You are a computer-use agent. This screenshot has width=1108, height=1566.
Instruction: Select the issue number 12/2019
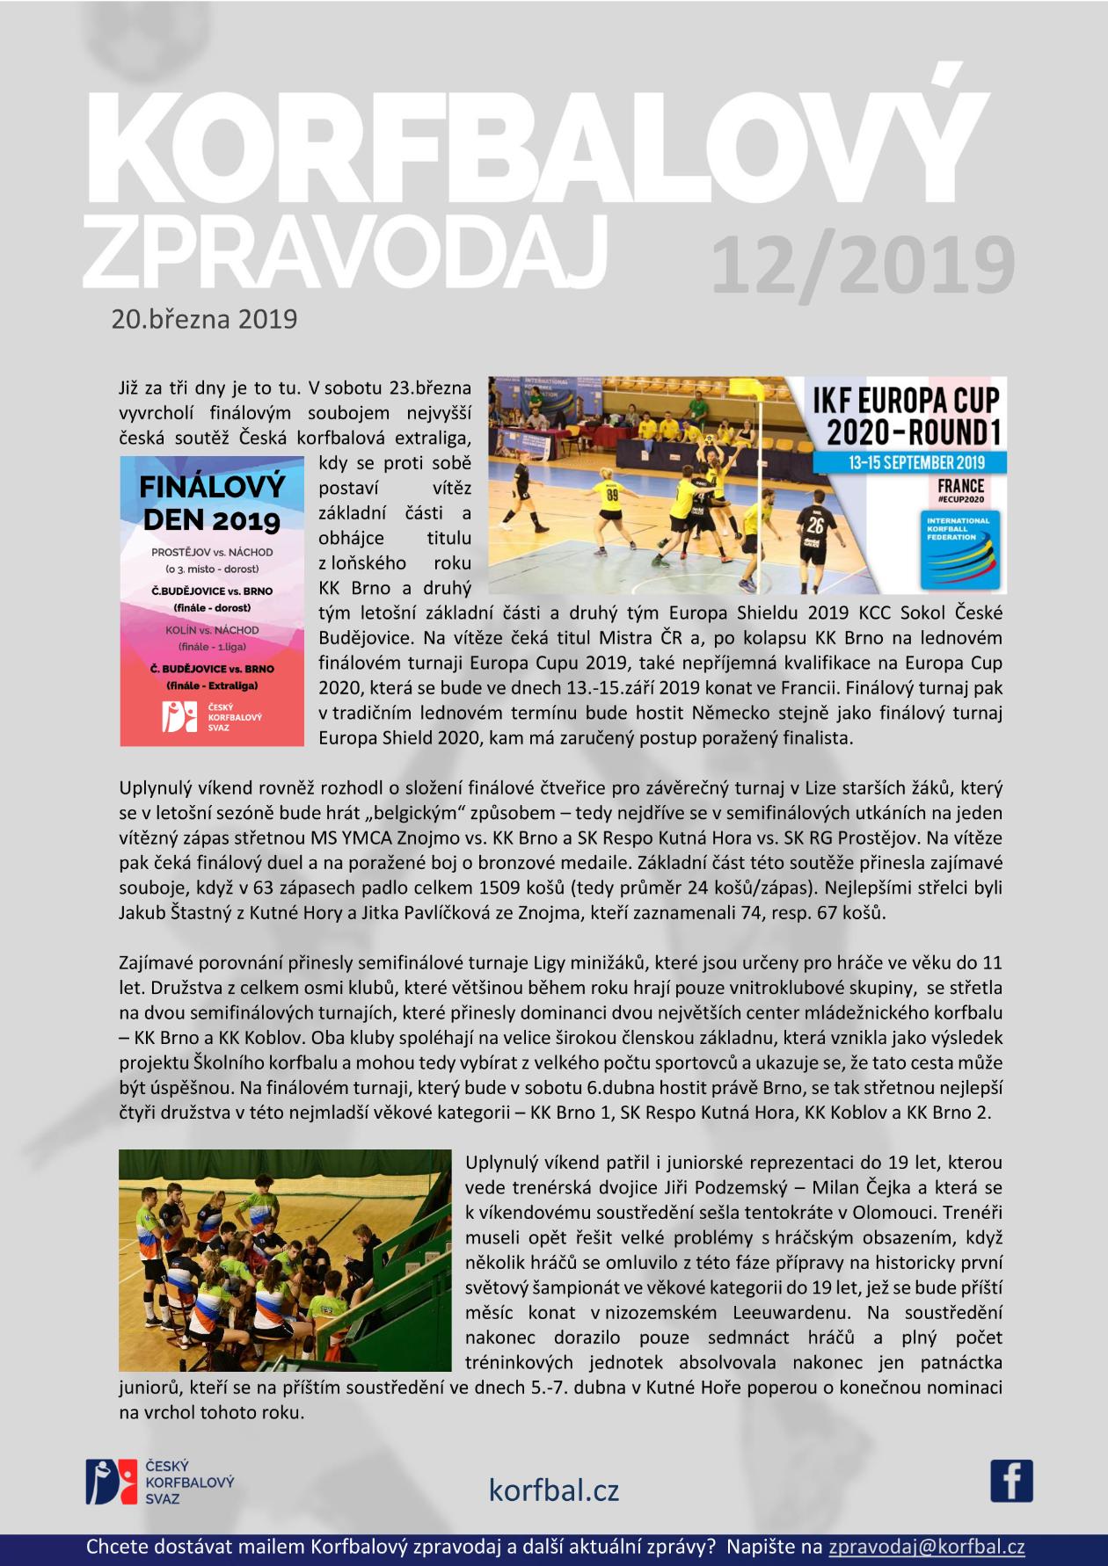click(862, 265)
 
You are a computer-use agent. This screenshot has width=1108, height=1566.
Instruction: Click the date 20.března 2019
click(204, 318)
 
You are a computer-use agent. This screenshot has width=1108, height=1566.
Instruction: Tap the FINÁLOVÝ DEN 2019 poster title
click(212, 501)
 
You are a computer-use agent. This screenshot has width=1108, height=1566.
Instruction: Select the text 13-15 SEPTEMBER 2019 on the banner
click(909, 462)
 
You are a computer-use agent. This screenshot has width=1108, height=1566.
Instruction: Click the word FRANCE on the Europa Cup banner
click(961, 485)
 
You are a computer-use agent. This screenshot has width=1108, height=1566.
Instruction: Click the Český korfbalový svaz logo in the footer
click(159, 1481)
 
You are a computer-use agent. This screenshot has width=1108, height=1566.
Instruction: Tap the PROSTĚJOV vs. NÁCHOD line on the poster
click(212, 552)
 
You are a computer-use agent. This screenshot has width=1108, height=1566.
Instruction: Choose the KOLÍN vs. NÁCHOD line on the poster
click(212, 630)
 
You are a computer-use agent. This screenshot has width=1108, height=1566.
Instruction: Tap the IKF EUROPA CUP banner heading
click(909, 401)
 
